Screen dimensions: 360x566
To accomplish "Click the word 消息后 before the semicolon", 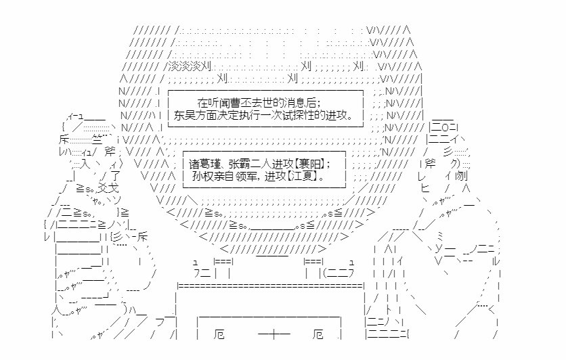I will tap(301, 102).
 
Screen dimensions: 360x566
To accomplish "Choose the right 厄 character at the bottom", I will tap(320, 335).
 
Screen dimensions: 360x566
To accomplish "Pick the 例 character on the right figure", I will tap(461, 177).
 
